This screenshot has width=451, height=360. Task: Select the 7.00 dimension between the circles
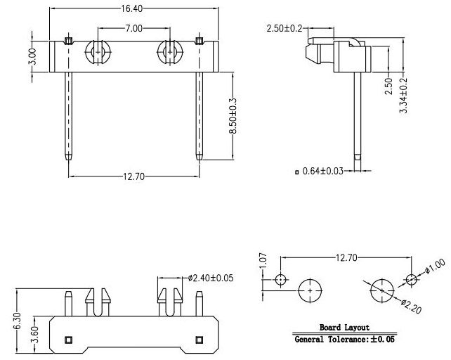[x=133, y=28]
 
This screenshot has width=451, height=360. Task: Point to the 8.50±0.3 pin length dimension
[x=233, y=116]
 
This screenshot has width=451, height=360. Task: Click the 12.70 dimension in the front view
[x=132, y=176]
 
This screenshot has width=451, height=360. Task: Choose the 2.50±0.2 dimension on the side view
[x=285, y=28]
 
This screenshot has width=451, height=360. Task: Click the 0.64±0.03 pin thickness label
[x=323, y=171]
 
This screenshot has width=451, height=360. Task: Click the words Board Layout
[x=344, y=328]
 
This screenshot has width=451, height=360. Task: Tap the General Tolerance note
[x=344, y=339]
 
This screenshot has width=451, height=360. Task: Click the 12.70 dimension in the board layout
[x=345, y=258]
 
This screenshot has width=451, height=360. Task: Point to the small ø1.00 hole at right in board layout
[x=412, y=280]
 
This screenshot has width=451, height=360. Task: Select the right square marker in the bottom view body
[x=199, y=340]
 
